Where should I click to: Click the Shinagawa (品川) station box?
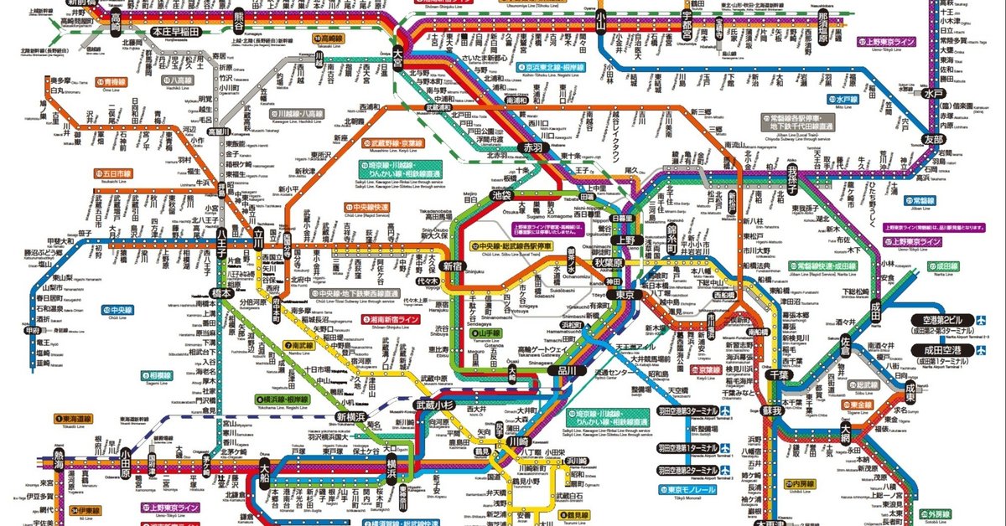pos(568,369)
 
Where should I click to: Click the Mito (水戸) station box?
pos(935,93)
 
